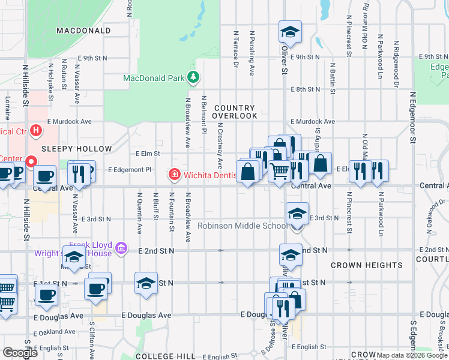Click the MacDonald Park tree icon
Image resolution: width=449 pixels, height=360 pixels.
click(x=193, y=77)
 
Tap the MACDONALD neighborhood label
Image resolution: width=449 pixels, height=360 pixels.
click(x=83, y=30)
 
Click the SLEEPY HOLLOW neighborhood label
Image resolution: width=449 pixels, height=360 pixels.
click(x=77, y=148)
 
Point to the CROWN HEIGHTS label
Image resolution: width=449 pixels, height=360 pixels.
click(x=367, y=265)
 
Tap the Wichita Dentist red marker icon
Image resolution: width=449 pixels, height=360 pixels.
click(x=174, y=175)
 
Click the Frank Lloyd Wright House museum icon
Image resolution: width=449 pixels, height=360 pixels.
click(x=121, y=248)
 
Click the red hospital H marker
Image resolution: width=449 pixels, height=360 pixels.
click(x=37, y=130)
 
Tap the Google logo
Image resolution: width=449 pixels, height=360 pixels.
click(x=20, y=353)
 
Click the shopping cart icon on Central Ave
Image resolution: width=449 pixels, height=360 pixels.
click(x=279, y=172)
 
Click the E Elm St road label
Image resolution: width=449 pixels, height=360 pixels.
click(x=147, y=154)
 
